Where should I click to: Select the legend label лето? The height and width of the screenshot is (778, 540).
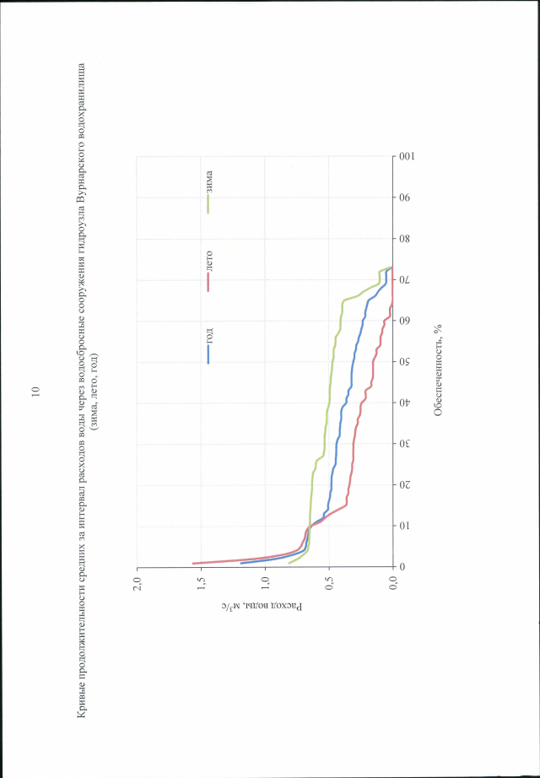pyautogui.click(x=209, y=260)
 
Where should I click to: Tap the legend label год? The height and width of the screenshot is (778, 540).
pyautogui.click(x=209, y=337)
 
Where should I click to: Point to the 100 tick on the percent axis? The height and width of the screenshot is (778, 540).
pyautogui.click(x=405, y=157)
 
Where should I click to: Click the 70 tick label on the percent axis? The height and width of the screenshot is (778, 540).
pyautogui.click(x=405, y=280)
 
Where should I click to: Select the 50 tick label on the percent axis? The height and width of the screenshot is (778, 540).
pyautogui.click(x=405, y=362)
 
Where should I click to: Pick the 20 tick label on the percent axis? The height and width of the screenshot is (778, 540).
pyautogui.click(x=405, y=485)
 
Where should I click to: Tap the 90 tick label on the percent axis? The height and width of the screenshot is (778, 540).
pyautogui.click(x=405, y=198)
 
